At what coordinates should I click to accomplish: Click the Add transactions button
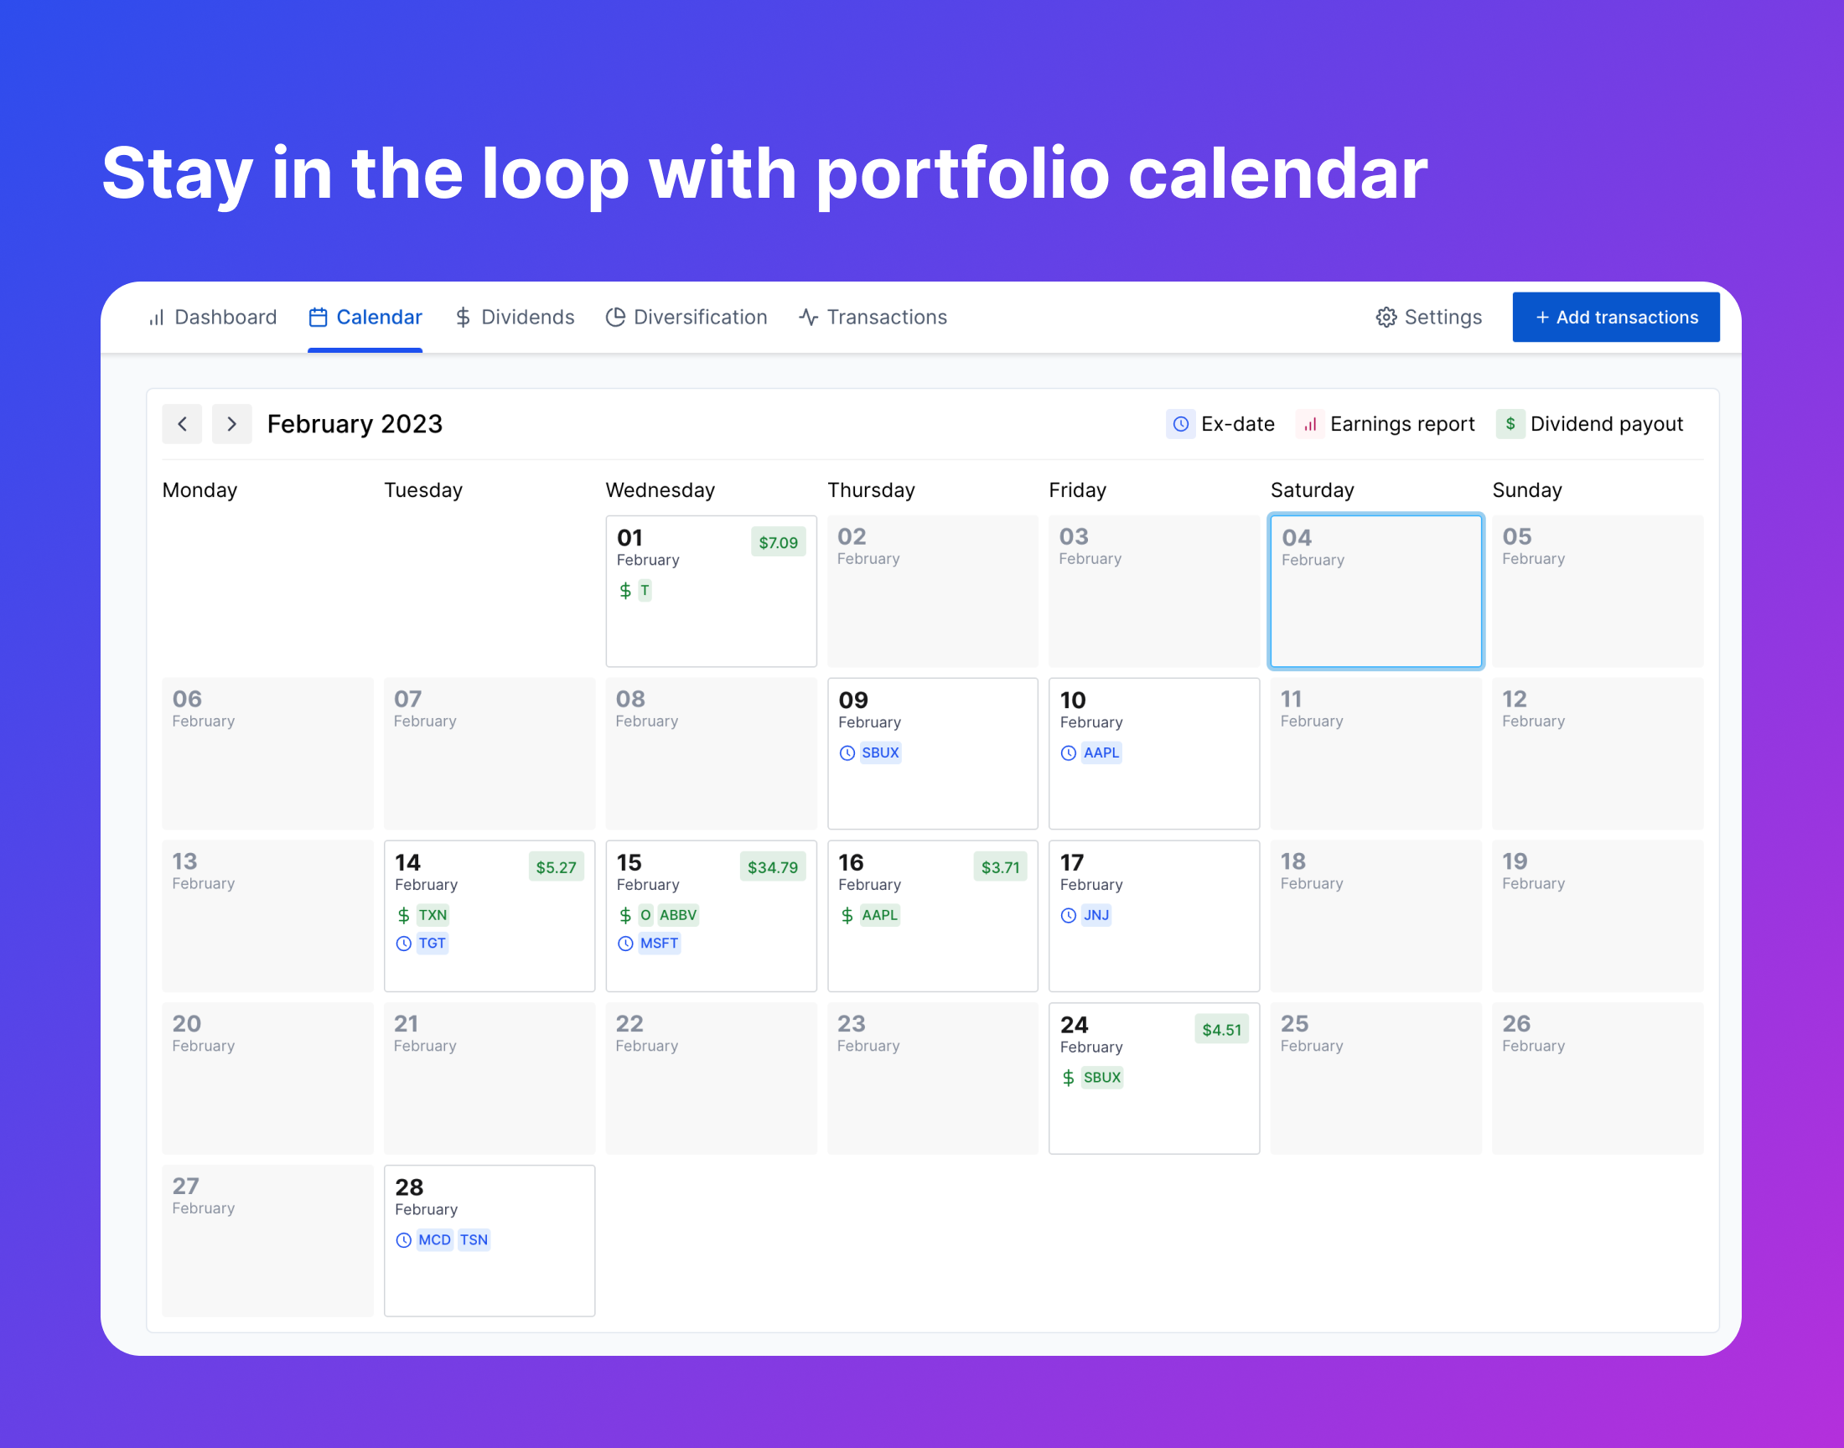[1615, 317]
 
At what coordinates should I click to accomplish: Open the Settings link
[1428, 317]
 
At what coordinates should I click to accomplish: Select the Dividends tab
[515, 317]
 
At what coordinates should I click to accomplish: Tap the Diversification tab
[686, 317]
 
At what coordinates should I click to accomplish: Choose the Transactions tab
[873, 317]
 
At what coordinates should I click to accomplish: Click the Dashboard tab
[212, 317]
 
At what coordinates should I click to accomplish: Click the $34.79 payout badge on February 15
[772, 867]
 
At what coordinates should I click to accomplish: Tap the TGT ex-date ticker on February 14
[433, 944]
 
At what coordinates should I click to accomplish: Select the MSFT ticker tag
[660, 944]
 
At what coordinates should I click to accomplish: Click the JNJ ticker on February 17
[1096, 916]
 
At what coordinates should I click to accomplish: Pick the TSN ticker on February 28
[474, 1240]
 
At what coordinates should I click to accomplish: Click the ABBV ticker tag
[678, 916]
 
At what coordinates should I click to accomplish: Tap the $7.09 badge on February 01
[779, 542]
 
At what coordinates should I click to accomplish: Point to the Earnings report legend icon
[1310, 424]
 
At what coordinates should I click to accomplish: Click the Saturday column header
[1313, 490]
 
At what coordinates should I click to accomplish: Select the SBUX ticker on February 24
[1102, 1078]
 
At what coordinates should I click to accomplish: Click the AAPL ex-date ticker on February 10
[1101, 752]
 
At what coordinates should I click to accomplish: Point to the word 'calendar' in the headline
[1277, 173]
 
